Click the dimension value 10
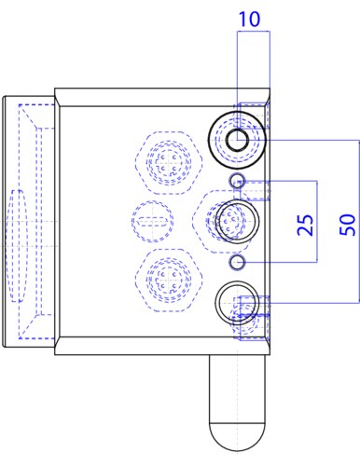coord(249,19)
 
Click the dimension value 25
coord(305,225)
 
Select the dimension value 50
coord(347,225)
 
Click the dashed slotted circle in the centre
coord(152,201)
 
